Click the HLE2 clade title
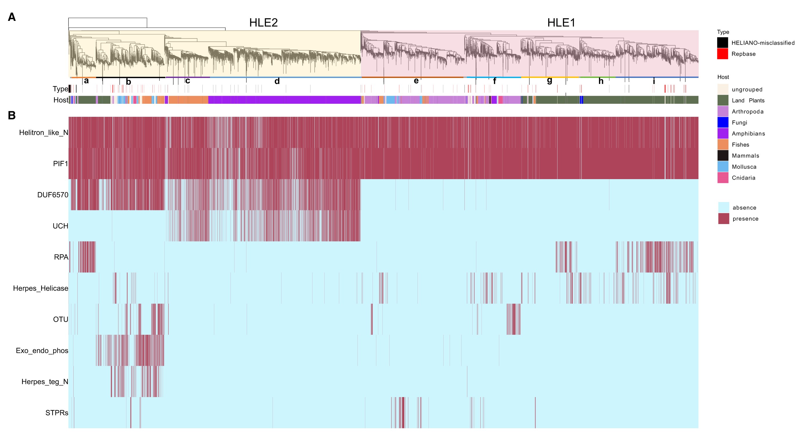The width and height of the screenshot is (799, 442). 263,23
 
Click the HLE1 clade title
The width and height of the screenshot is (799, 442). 561,23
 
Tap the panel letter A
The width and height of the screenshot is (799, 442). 12,17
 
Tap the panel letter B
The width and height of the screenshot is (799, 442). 12,115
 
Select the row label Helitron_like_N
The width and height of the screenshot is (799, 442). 43,133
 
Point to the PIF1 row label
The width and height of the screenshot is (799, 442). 60,164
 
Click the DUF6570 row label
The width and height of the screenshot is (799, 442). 52,195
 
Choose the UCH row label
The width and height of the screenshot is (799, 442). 60,226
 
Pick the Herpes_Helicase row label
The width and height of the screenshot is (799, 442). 40,288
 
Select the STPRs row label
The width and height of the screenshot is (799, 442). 57,413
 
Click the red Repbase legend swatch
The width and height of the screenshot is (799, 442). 722,54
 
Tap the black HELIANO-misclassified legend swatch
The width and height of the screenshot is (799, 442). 722,43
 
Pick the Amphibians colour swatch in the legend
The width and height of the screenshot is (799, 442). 723,133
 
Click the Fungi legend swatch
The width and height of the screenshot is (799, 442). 723,122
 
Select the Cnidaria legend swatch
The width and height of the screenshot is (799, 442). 723,178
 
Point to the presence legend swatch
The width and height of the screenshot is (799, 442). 723,219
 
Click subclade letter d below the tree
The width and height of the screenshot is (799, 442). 277,81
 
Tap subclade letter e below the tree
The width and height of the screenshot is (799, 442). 416,81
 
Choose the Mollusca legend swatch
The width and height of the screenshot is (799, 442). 723,167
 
